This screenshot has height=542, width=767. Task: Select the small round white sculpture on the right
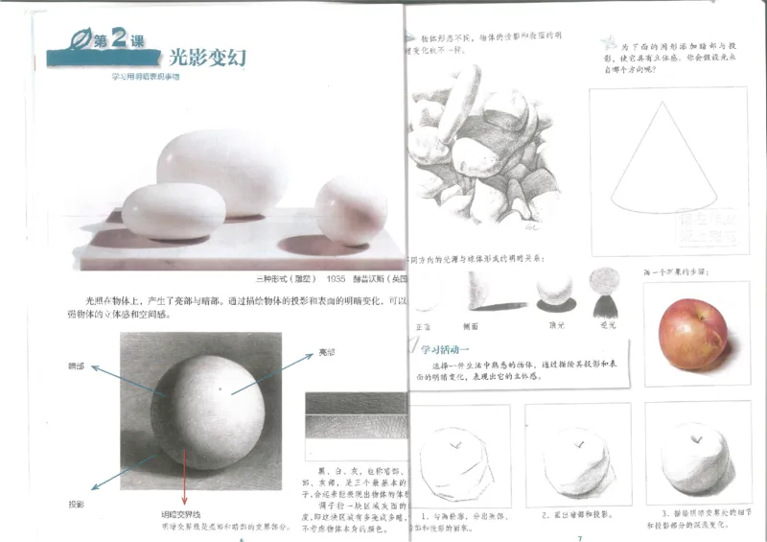[352, 211]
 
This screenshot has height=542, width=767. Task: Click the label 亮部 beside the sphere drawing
[327, 354]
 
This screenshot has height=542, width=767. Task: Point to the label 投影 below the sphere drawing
[76, 504]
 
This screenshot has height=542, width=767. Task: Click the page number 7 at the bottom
[578, 536]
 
